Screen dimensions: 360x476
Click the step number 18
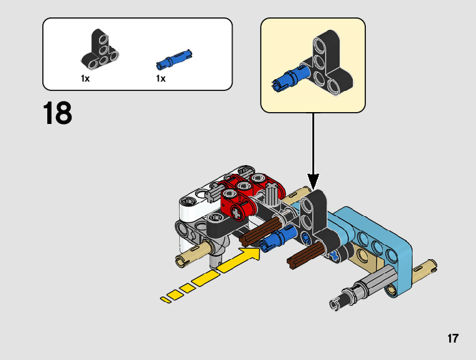(x=58, y=114)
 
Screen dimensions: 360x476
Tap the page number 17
(x=452, y=339)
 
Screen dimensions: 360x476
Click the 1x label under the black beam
(x=85, y=79)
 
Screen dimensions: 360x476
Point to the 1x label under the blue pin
(x=161, y=79)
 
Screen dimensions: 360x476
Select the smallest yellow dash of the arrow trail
(x=166, y=300)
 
